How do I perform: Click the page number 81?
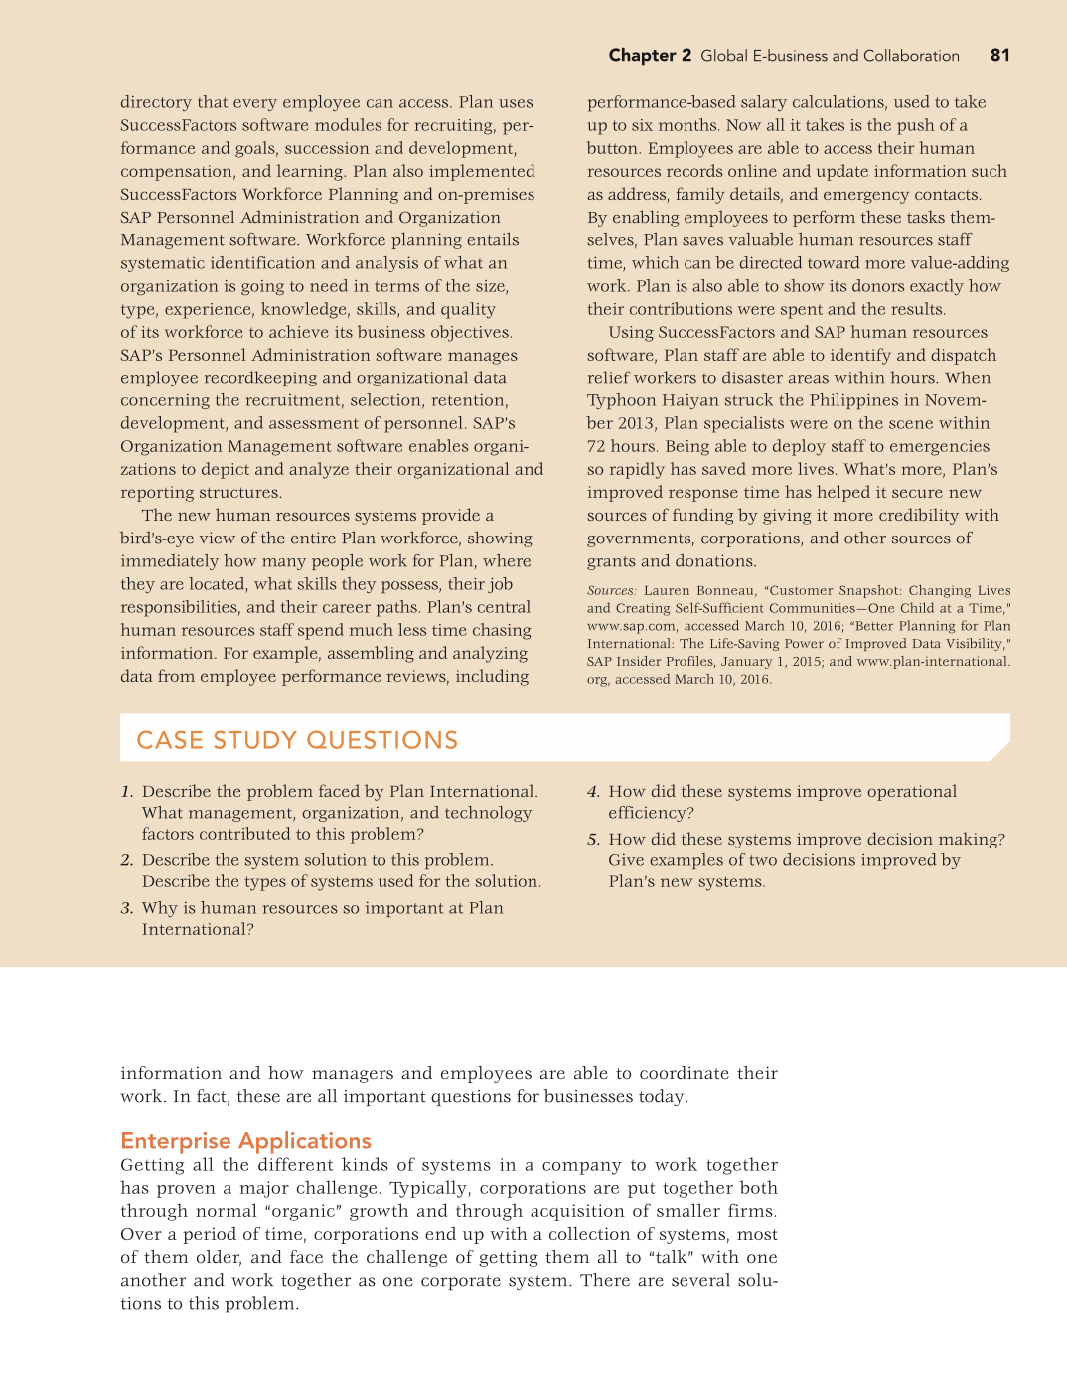point(999,56)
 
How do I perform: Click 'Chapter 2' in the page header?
point(650,56)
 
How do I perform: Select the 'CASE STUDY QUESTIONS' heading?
point(297,740)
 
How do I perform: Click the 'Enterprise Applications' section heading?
point(245,1141)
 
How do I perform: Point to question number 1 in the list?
point(126,792)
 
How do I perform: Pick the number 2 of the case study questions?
point(126,860)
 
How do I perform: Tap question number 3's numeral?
point(126,908)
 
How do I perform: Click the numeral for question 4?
point(593,792)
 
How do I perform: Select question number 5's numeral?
point(593,840)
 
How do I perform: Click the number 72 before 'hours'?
point(597,446)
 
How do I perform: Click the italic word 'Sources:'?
point(611,590)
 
